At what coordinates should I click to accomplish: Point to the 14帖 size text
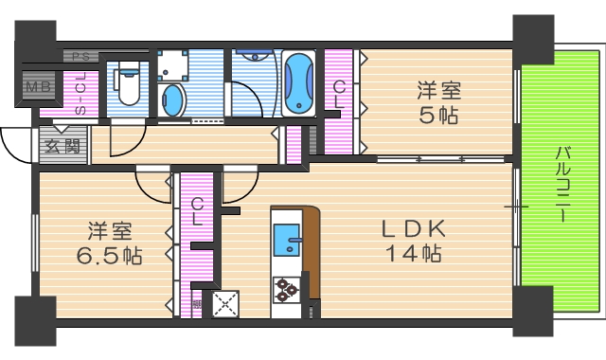pyautogui.click(x=413, y=254)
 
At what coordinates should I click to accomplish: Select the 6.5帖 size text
pyautogui.click(x=109, y=256)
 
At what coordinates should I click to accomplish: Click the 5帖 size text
pyautogui.click(x=439, y=117)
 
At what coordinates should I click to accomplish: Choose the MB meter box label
pyautogui.click(x=39, y=88)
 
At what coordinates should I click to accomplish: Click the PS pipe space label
pyautogui.click(x=78, y=56)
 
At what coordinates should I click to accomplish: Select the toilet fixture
pyautogui.click(x=130, y=84)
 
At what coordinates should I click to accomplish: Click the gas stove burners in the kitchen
pyautogui.click(x=286, y=290)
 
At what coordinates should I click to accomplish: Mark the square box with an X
pyautogui.click(x=227, y=303)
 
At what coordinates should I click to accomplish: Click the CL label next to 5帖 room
pyautogui.click(x=338, y=96)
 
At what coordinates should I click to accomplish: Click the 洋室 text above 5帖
pyautogui.click(x=439, y=92)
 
